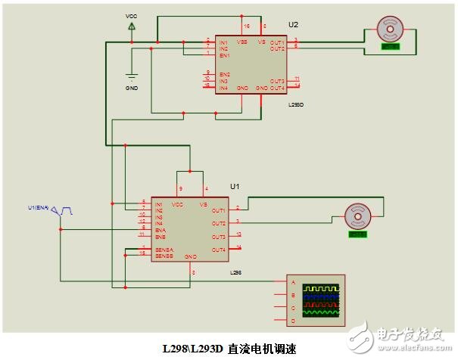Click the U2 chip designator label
click(294, 25)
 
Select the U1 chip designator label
click(235, 186)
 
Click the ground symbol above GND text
click(132, 76)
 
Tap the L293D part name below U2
click(296, 105)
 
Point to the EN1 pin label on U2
click(224, 54)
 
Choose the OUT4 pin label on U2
click(276, 88)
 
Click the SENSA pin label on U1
click(164, 249)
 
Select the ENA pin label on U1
click(160, 229)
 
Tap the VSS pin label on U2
click(242, 42)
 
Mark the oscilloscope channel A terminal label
click(292, 282)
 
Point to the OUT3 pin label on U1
click(219, 237)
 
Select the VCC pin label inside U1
click(179, 205)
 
